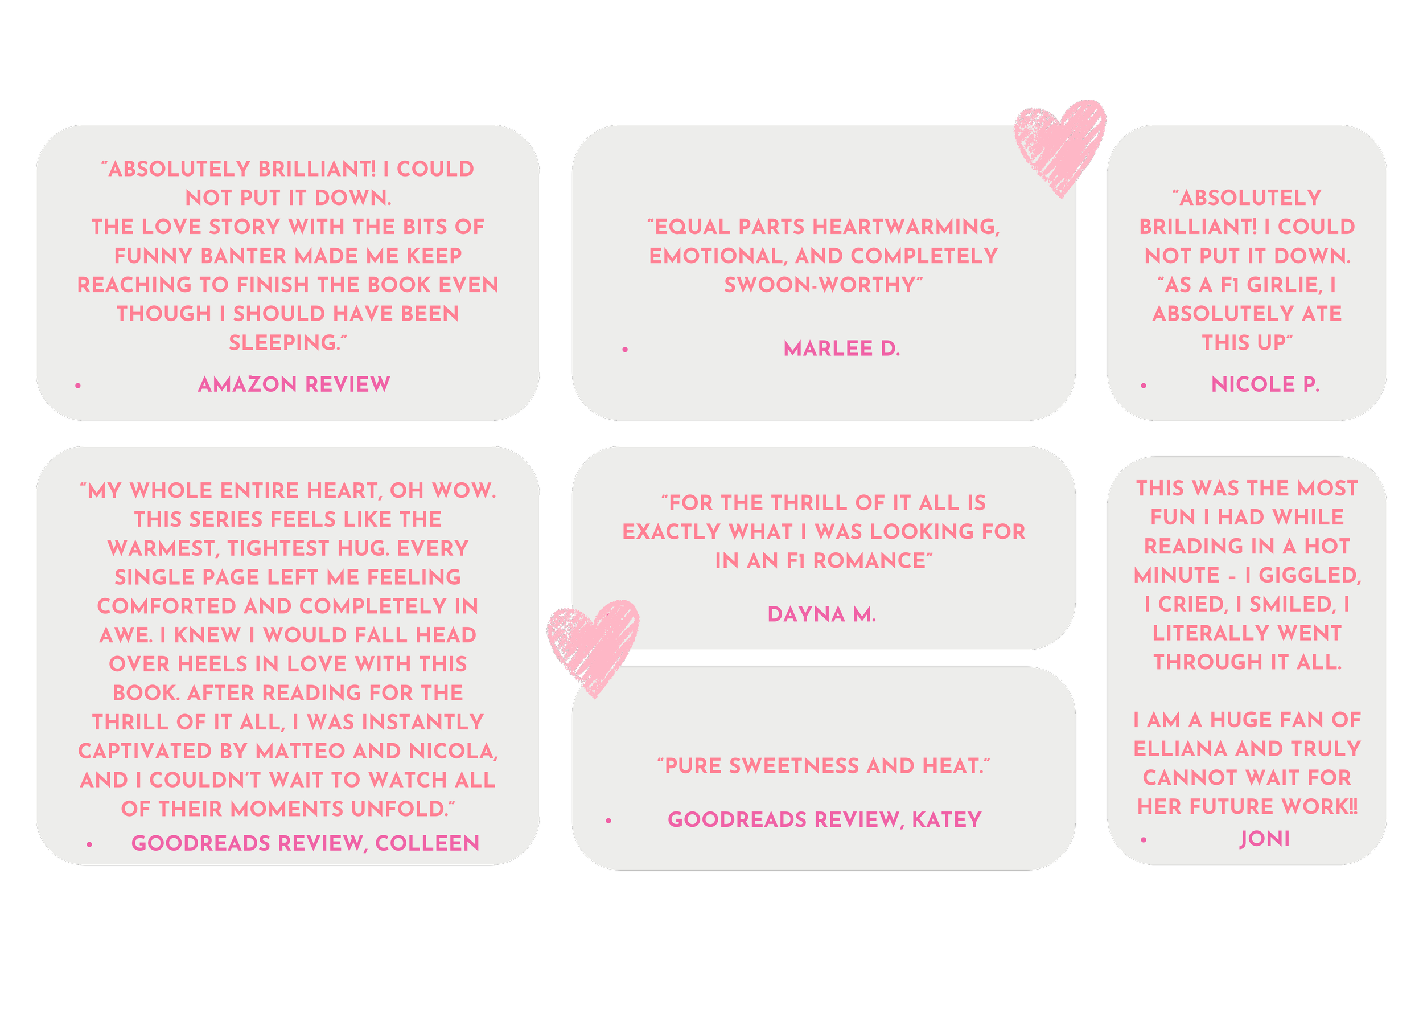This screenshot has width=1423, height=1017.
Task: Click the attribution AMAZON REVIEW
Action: [x=294, y=384]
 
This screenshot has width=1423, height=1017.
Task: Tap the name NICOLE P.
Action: [x=1265, y=384]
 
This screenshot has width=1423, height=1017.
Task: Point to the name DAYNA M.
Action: [x=821, y=614]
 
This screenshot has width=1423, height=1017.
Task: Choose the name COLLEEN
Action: [x=427, y=843]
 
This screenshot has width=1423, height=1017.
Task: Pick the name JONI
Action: [x=1264, y=839]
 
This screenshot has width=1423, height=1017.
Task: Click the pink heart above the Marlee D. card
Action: [x=1060, y=145]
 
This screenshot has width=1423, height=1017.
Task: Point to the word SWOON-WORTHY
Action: [x=822, y=284]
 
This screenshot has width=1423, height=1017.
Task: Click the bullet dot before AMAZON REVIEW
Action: [x=77, y=385]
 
